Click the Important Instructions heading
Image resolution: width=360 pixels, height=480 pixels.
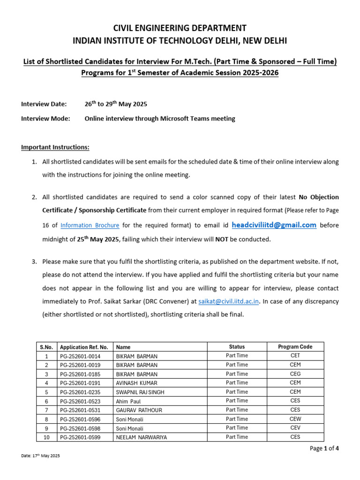pos(55,147)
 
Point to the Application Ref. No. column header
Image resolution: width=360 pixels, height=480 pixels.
pos(84,347)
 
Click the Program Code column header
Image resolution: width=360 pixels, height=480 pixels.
pos(295,347)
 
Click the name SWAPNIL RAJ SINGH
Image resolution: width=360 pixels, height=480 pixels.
pos(140,392)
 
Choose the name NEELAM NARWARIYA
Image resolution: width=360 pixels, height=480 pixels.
pos(141,437)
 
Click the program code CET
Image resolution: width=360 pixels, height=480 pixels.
pos(295,356)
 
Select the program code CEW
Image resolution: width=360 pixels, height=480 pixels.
pos(295,419)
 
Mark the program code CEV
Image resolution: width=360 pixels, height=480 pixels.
pos(295,428)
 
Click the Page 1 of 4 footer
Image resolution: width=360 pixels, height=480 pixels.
pos(324,449)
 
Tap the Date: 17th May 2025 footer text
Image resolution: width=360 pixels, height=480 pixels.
pos(41,456)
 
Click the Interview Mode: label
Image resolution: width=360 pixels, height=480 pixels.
pos(45,119)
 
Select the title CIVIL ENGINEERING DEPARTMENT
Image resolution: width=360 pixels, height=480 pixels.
pos(180,28)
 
